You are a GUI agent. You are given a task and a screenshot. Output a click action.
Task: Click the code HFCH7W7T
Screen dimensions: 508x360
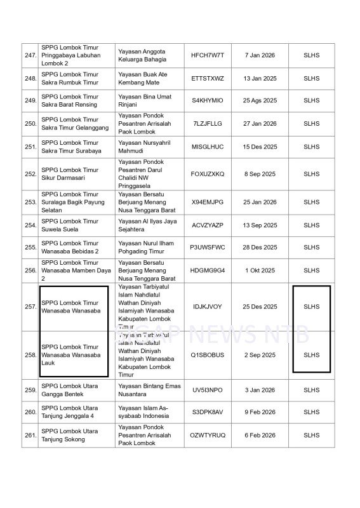point(208,55)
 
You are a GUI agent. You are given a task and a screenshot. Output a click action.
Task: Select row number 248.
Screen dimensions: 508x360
point(30,78)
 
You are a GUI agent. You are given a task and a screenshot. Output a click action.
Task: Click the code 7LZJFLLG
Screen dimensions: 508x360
point(208,123)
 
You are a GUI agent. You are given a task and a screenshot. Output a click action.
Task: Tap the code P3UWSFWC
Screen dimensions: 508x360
point(208,247)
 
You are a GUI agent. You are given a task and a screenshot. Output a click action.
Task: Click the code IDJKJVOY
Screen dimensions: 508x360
point(208,307)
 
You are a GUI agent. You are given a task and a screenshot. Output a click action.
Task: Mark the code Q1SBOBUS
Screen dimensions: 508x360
point(208,355)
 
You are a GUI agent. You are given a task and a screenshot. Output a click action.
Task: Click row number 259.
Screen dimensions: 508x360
point(30,390)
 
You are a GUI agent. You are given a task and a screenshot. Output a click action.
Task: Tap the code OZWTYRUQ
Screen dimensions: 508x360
point(208,435)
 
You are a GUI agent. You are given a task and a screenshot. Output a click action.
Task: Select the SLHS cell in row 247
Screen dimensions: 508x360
point(311,55)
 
